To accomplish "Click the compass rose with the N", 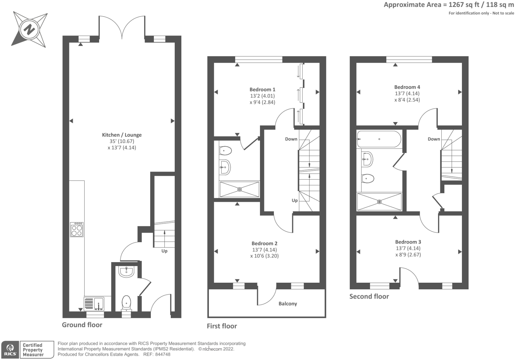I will [30, 30].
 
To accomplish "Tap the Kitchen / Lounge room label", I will [122, 135].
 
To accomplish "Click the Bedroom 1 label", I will [262, 90].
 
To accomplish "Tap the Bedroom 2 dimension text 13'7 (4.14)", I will [264, 250].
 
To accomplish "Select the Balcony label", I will [288, 304].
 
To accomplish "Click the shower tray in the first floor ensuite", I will [239, 189].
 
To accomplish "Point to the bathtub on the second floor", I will [379, 139].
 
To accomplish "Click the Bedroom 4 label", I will [407, 87].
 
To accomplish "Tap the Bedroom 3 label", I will [408, 242].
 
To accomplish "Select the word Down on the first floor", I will [291, 139].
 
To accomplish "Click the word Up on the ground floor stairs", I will [164, 251].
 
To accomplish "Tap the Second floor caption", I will [369, 297].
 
